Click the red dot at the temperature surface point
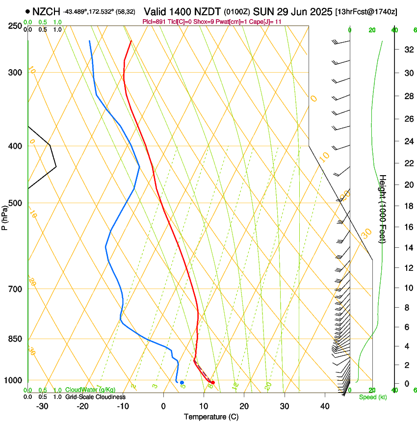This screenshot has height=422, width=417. pyautogui.click(x=212, y=382)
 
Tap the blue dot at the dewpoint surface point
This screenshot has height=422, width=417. pyautogui.click(x=182, y=382)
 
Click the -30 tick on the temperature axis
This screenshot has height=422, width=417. pyautogui.click(x=42, y=406)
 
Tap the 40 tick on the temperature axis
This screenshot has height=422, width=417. pyautogui.click(x=324, y=406)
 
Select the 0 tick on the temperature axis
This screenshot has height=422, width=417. pyautogui.click(x=163, y=406)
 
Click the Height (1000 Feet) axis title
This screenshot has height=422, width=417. pyautogui.click(x=383, y=209)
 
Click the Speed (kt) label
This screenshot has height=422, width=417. pyautogui.click(x=373, y=397)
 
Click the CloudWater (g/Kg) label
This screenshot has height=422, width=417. pyautogui.click(x=90, y=390)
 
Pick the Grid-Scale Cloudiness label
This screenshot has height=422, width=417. pyautogui.click(x=95, y=397)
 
